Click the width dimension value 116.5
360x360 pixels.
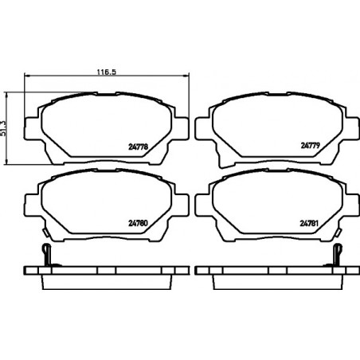click(107, 72)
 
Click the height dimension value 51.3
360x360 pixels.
click(3, 129)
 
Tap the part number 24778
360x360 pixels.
click(138, 147)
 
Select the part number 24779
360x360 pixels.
click(311, 146)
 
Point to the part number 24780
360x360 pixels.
click(138, 224)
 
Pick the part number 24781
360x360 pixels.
click(309, 224)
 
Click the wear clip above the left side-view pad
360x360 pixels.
click(47, 255)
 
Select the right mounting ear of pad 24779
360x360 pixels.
click(352, 128)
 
